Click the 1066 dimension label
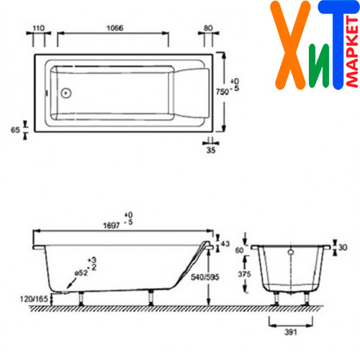(x=115, y=28)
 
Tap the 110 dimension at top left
(x=39, y=28)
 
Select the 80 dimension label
(x=208, y=28)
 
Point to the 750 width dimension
(x=222, y=91)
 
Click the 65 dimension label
(x=15, y=130)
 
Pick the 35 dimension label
(x=211, y=150)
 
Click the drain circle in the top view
(x=66, y=93)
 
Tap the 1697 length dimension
(x=112, y=225)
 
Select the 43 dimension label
(x=225, y=244)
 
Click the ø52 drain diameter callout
(x=81, y=273)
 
